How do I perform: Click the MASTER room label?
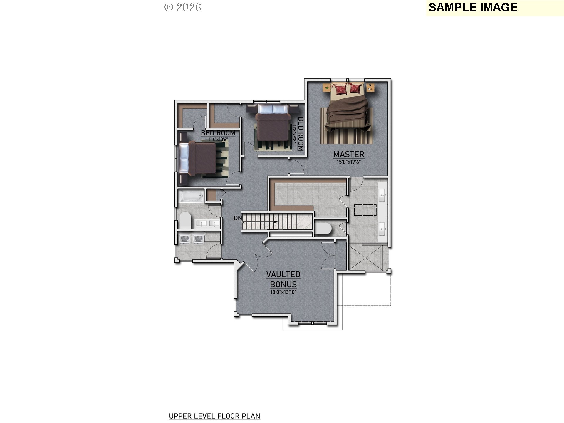click(349, 154)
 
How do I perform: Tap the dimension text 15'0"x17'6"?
click(349, 162)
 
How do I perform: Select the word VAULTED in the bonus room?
click(283, 274)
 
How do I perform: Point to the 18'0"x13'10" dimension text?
click(283, 292)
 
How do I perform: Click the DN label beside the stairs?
click(238, 218)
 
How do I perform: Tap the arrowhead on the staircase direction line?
click(276, 222)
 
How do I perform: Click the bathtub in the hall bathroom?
click(191, 196)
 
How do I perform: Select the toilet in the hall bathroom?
click(185, 220)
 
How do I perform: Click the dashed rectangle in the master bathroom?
click(365, 210)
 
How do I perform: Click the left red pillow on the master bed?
click(341, 89)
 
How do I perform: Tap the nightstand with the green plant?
click(326, 87)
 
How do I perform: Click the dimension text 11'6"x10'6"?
click(218, 139)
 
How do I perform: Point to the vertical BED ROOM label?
click(301, 134)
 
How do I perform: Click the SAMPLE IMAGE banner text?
click(473, 7)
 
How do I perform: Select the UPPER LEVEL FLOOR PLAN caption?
click(214, 416)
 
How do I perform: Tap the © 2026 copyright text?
click(183, 7)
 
